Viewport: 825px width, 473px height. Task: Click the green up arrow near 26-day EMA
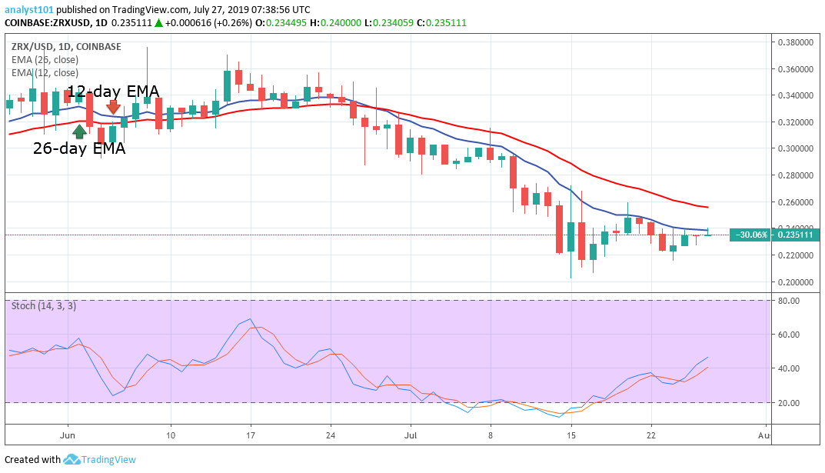click(79, 132)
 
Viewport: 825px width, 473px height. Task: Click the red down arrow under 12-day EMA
click(114, 107)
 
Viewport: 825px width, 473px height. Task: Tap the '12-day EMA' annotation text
click(113, 92)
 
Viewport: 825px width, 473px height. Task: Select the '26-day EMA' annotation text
click(78, 148)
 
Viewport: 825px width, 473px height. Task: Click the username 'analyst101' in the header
click(27, 9)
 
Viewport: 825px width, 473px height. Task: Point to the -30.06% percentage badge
click(752, 235)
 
